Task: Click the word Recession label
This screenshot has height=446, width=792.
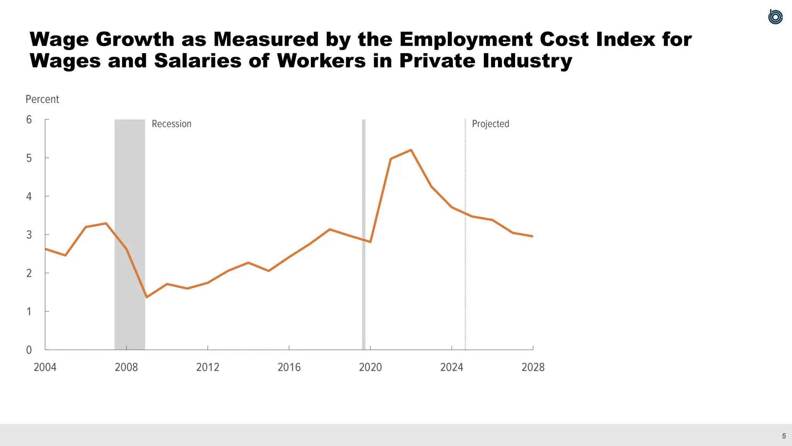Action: tap(171, 124)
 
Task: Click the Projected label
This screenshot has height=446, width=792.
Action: tap(490, 124)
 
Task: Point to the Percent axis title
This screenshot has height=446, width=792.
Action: tap(42, 99)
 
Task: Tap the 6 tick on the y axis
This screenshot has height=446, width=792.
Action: tap(29, 120)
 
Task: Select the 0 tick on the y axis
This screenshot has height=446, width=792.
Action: tap(29, 350)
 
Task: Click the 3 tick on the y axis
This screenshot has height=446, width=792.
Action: tap(29, 235)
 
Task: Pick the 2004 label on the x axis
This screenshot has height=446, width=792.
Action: tap(45, 367)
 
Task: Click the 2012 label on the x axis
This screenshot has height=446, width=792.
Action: tap(208, 367)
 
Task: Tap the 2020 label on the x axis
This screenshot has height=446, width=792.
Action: tap(370, 367)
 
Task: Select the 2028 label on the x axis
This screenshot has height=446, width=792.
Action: tap(533, 367)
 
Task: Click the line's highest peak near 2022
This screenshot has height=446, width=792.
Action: tap(411, 150)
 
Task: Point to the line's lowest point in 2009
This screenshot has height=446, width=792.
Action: tap(147, 297)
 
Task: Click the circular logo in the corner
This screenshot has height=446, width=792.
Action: tap(775, 17)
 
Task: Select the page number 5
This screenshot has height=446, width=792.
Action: tap(784, 436)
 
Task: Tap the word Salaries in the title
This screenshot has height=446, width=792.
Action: tap(198, 61)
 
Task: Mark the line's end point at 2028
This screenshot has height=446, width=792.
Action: tap(533, 236)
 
